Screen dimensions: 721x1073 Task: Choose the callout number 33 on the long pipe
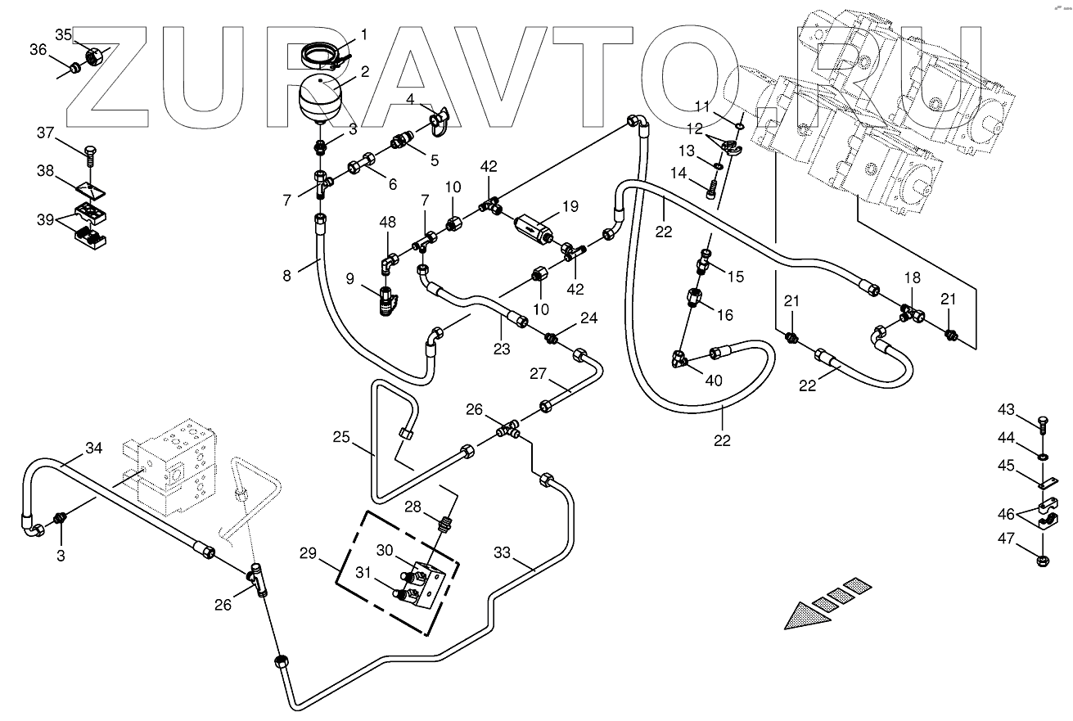pos(502,553)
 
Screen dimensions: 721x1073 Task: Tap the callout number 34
pos(95,448)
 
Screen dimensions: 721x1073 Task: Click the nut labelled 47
pos(1044,561)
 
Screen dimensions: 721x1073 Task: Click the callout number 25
pos(340,438)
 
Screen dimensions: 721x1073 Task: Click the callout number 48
pos(388,222)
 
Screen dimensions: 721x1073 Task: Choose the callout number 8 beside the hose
pos(286,276)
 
